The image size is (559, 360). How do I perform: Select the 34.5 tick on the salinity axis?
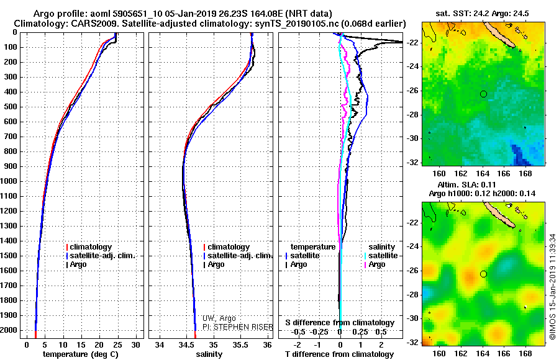coord(186,344)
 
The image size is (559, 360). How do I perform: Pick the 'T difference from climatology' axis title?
coord(340,354)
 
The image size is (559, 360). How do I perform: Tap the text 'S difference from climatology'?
coord(340,323)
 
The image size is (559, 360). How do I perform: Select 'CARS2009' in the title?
coord(84,24)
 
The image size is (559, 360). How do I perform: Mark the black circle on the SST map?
coord(483,94)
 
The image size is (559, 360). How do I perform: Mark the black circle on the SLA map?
coord(483,274)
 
